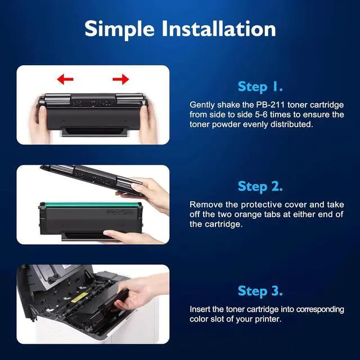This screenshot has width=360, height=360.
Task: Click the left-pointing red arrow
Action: tap(65, 79)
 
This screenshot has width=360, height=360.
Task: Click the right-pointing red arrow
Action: tap(121, 79)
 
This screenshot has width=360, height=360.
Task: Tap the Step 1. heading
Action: tap(260, 87)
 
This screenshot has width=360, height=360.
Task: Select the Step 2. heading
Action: tap(260, 186)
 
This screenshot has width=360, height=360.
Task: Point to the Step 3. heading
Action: tap(260, 291)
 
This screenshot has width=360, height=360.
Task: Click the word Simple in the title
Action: tap(119, 29)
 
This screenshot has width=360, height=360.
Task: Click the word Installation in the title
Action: tap(219, 29)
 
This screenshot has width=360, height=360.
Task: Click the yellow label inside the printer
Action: tap(79, 297)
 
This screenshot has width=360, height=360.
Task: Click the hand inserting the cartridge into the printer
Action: tap(140, 291)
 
